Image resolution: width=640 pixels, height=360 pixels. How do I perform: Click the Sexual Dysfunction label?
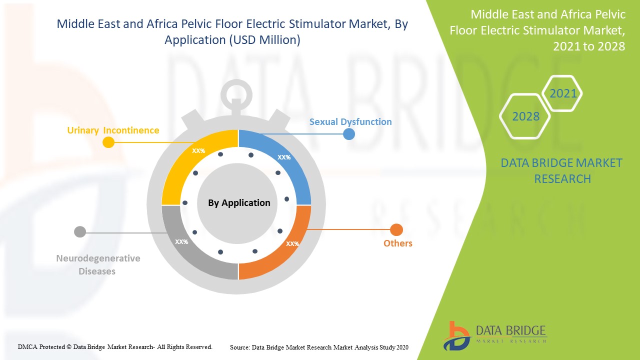[x=350, y=121]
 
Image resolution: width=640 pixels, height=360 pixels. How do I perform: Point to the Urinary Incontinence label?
[x=113, y=130]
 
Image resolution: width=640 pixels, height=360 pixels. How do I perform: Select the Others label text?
[x=398, y=243]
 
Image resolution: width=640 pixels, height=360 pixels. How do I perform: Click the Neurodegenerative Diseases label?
[x=98, y=265]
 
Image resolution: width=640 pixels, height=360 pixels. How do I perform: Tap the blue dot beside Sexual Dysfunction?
[x=348, y=134]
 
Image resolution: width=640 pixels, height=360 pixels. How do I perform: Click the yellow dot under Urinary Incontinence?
[x=108, y=142]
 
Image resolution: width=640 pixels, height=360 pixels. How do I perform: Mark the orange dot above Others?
[x=396, y=230]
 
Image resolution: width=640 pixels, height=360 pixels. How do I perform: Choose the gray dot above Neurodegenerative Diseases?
[x=80, y=232]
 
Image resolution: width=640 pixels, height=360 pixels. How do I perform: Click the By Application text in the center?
[x=239, y=203]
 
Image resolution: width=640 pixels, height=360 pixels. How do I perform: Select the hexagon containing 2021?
[x=563, y=93]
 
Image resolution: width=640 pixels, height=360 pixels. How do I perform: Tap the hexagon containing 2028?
[x=525, y=116]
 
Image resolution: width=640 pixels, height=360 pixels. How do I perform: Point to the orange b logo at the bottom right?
[x=456, y=335]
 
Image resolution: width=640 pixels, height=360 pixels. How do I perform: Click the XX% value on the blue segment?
[x=284, y=157]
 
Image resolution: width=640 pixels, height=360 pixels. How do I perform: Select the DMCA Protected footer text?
[x=115, y=346]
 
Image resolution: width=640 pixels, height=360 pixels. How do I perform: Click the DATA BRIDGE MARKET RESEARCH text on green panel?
[x=562, y=170]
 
